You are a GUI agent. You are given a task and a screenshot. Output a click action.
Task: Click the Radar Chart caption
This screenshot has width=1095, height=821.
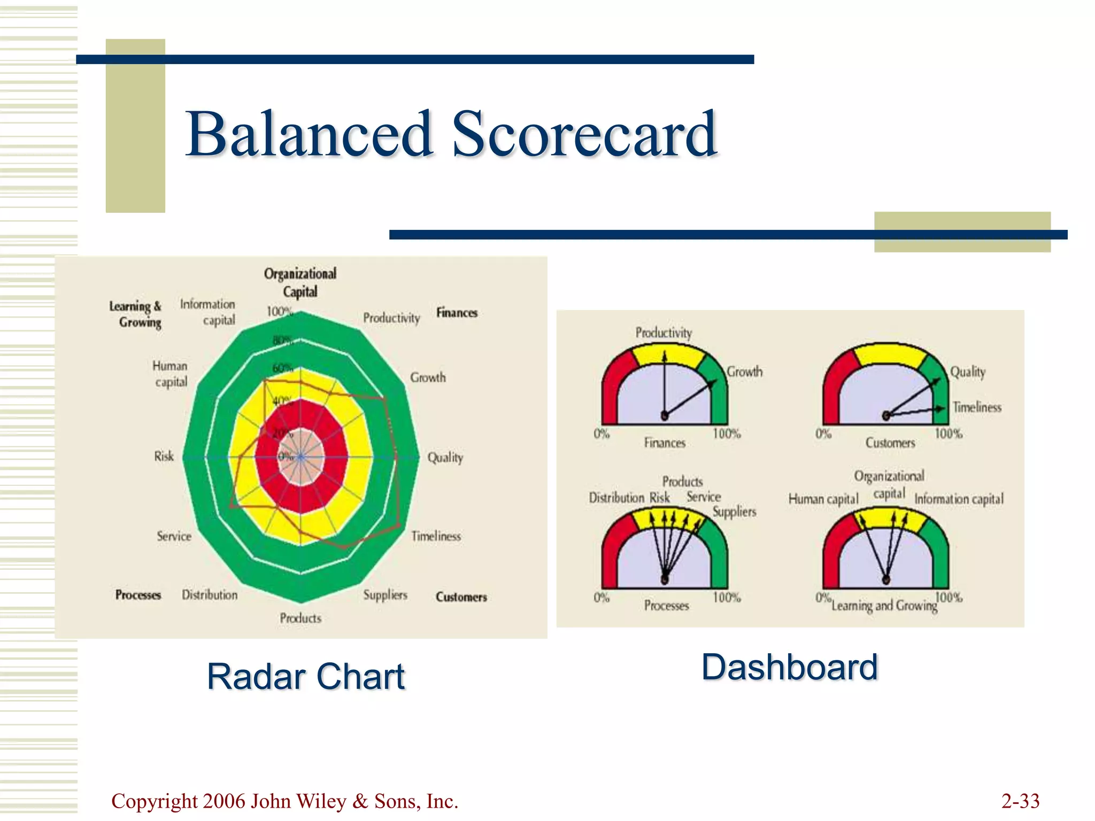(306, 677)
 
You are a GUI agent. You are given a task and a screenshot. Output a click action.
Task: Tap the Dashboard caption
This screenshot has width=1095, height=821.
(789, 667)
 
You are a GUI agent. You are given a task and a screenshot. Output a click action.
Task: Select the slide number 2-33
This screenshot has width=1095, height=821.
(1020, 801)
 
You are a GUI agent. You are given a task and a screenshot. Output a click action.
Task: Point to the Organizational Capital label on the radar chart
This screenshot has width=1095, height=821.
(300, 282)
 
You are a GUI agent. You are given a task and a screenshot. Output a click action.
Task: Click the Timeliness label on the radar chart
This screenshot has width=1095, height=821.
(436, 536)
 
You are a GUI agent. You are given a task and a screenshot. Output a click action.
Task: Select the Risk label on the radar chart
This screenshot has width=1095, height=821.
(164, 456)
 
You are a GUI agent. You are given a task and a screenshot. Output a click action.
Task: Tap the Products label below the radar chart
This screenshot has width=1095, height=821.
(300, 618)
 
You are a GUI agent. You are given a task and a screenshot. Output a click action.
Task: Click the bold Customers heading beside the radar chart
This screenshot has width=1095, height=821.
(461, 597)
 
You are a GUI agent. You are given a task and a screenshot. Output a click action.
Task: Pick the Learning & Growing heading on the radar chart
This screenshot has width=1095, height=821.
(136, 314)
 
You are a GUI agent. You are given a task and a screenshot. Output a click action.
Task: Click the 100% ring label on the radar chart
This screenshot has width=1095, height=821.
(279, 311)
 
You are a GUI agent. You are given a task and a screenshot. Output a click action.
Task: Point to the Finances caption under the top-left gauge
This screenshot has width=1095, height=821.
(664, 443)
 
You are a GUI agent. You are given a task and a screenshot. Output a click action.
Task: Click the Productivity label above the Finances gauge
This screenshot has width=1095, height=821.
(664, 332)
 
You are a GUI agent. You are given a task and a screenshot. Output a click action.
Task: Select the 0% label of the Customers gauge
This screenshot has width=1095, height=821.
(823, 433)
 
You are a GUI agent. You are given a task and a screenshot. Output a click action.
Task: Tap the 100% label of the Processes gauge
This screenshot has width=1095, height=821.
(726, 597)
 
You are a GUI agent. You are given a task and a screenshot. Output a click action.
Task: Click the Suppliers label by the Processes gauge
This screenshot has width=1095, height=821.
(734, 512)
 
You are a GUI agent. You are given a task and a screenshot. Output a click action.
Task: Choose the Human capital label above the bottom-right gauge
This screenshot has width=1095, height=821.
(823, 499)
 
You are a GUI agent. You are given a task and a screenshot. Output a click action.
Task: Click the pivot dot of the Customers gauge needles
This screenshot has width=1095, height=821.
(886, 416)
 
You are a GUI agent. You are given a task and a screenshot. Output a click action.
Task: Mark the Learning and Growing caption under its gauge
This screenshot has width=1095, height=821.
(884, 606)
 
